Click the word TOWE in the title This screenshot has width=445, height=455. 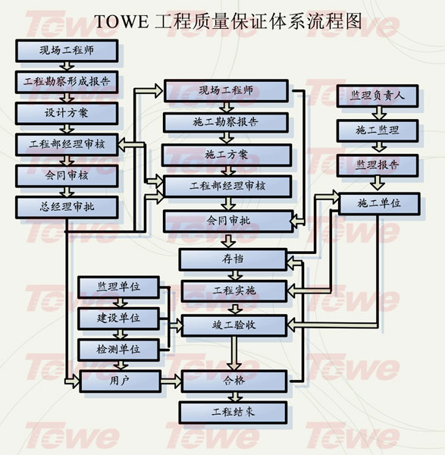click(x=121, y=21)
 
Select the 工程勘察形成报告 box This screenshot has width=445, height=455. click(x=67, y=82)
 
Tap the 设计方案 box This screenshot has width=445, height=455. click(x=67, y=113)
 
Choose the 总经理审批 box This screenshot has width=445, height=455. click(x=67, y=207)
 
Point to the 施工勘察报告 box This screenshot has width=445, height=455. click(x=226, y=122)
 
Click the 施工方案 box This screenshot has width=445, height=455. click(x=227, y=155)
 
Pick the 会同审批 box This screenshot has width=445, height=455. click(x=228, y=221)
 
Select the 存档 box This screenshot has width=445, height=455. click(x=233, y=259)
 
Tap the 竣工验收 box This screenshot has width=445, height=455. click(x=234, y=325)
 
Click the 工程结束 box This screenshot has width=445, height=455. click(x=233, y=412)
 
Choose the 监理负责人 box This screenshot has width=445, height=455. click(x=378, y=96)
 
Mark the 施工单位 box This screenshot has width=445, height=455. click(x=379, y=204)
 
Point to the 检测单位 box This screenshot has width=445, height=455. click(x=119, y=350)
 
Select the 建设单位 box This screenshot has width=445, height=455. click(x=119, y=318)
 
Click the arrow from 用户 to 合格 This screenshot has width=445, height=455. click(x=171, y=381)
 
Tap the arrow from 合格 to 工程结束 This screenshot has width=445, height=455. click(x=235, y=397)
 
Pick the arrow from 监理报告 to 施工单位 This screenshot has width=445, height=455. click(x=378, y=184)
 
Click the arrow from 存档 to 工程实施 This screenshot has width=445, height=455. click(x=235, y=275)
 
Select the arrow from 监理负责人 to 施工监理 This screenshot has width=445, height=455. click(x=379, y=114)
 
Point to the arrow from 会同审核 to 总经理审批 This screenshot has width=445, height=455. click(x=67, y=192)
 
